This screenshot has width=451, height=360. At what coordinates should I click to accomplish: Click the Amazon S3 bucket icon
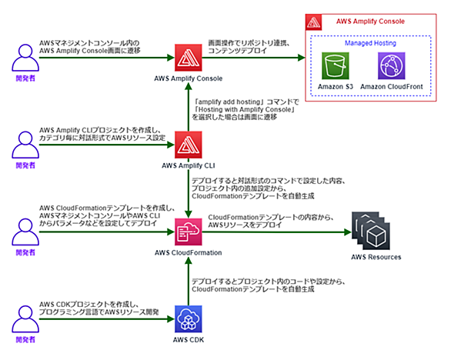336,66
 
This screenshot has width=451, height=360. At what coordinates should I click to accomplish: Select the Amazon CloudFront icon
392,66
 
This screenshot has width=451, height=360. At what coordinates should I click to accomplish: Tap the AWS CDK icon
189,319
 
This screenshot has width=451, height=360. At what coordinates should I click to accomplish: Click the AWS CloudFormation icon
189,232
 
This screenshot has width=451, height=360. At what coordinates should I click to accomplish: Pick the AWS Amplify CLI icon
189,145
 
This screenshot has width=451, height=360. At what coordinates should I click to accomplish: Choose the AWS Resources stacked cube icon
371,231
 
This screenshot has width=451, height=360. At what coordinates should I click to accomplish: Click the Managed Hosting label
370,43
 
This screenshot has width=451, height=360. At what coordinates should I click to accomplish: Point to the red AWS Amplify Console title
370,22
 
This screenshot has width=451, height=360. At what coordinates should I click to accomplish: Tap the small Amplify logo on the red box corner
313,22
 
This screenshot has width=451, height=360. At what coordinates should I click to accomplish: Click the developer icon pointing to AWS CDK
25,319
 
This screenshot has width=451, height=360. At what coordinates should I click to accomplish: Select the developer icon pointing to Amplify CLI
25,145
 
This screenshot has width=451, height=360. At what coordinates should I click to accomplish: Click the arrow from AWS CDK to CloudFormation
189,282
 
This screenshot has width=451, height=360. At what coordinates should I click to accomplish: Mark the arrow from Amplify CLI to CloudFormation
189,194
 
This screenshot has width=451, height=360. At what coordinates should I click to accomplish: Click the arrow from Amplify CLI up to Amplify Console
189,107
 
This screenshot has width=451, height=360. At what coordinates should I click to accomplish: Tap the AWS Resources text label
376,257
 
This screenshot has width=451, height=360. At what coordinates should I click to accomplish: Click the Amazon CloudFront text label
392,87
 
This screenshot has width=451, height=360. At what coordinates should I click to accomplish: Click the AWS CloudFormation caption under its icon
189,253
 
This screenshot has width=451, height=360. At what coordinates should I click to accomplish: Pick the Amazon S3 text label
336,87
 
